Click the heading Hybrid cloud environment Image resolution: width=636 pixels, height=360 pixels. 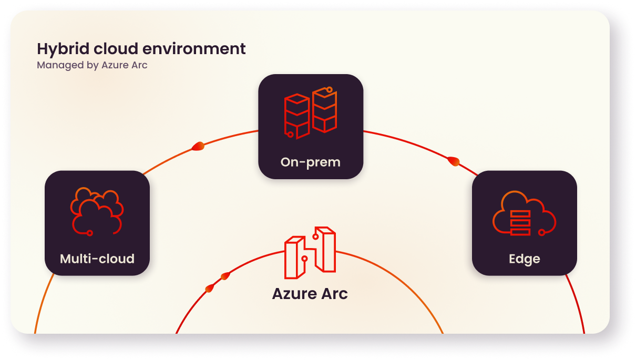point(141,49)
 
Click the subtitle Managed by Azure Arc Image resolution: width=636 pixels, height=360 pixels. point(92,65)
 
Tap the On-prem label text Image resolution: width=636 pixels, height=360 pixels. point(310,162)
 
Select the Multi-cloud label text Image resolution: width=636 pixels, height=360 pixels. point(97,259)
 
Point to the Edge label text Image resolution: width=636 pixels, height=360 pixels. point(524,259)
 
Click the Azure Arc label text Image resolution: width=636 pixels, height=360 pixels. point(310,293)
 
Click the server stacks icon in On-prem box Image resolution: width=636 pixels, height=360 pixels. point(310,112)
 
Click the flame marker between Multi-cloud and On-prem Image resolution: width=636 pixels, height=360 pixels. point(199,147)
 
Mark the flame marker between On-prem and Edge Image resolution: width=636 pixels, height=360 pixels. point(454,161)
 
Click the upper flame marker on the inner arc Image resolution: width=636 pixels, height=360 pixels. point(225,276)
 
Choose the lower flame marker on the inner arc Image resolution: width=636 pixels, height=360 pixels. point(210,288)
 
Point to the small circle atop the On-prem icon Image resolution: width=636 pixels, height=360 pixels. point(330,90)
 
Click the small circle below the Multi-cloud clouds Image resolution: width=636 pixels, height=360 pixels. point(90,232)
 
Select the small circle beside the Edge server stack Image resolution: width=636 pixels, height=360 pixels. point(541,232)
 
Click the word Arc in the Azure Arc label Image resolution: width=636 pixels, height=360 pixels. point(335,293)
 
